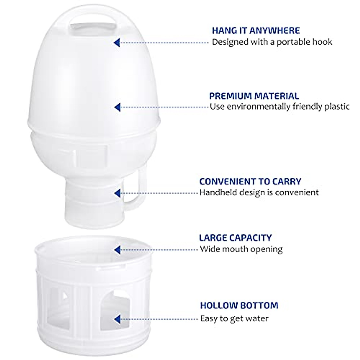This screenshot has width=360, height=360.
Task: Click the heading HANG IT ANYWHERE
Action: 256,31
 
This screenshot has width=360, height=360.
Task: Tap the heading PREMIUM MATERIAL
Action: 254,96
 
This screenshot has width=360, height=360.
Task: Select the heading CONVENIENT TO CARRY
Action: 250,181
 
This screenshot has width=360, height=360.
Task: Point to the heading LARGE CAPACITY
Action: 235,238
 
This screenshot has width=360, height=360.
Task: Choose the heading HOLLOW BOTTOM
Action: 239,305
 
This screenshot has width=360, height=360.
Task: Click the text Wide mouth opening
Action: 241,249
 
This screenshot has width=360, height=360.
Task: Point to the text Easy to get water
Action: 234,318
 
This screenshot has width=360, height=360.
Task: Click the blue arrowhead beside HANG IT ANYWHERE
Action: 117,42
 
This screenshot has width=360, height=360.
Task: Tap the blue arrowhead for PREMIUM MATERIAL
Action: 118,107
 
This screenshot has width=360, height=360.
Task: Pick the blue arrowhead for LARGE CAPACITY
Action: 117,249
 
